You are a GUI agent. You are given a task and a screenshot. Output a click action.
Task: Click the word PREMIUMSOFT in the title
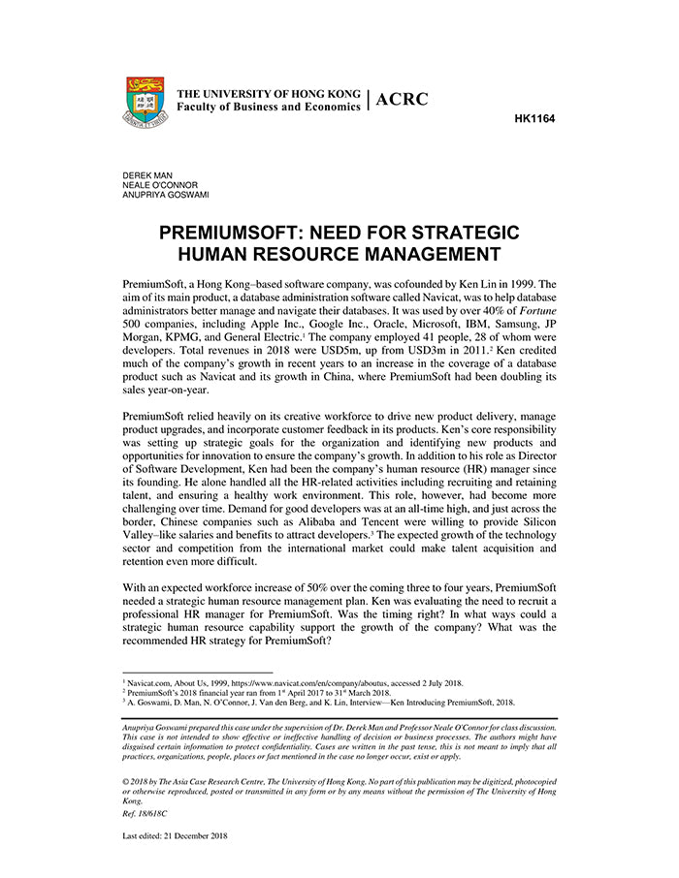240,234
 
